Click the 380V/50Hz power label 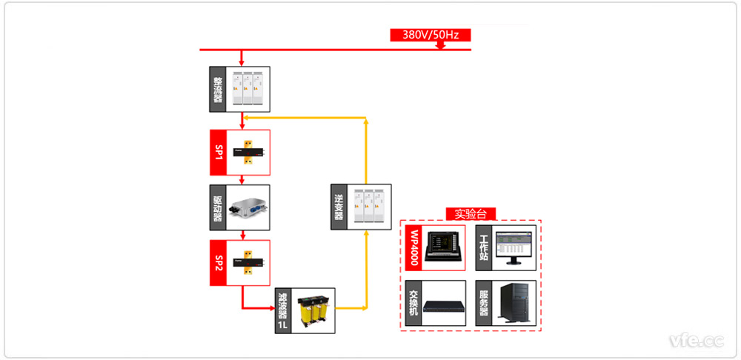pyautogui.click(x=430, y=35)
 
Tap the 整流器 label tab pyautogui.click(x=218, y=89)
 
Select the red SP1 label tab pyautogui.click(x=218, y=153)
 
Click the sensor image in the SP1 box pyautogui.click(x=247, y=153)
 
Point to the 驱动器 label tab pyautogui.click(x=218, y=207)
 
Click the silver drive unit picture pyautogui.click(x=247, y=208)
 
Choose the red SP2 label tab pyautogui.click(x=218, y=263)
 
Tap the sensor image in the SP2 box pyautogui.click(x=247, y=263)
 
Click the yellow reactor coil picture pyautogui.click(x=313, y=310)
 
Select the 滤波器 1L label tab pyautogui.click(x=283, y=309)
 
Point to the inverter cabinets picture pyautogui.click(x=368, y=207)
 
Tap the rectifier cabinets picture pyautogui.click(x=247, y=89)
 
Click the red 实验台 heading pyautogui.click(x=471, y=214)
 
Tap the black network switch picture pyautogui.click(x=443, y=304)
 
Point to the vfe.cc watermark pyautogui.click(x=697, y=341)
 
